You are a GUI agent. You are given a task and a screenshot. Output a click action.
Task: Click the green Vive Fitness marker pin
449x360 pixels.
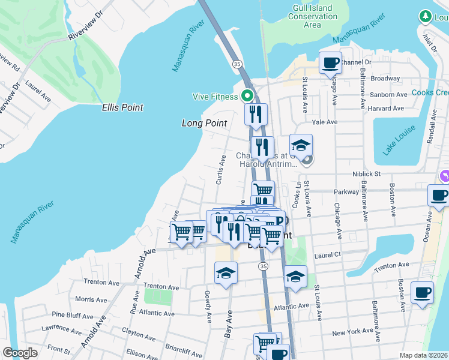point(247,95)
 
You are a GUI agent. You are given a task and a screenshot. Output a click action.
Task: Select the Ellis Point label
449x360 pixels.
point(122,107)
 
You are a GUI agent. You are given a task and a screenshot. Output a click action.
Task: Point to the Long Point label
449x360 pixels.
point(204,123)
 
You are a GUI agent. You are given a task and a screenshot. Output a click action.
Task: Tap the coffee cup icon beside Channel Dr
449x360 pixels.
point(330,62)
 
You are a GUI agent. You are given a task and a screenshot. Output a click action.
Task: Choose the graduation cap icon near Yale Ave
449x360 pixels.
point(301,145)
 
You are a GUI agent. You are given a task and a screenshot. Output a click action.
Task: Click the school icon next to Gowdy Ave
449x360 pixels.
point(226,273)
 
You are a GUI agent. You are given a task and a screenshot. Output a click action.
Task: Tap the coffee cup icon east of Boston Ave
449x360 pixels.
point(422,293)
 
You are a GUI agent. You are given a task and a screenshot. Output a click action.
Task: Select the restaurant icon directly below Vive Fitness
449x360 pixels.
point(256,114)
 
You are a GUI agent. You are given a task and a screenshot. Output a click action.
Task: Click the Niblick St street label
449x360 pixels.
point(366,174)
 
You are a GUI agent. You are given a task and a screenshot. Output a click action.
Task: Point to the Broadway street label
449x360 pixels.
point(385,79)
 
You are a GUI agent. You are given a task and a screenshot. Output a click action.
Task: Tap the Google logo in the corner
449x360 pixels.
point(20,353)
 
